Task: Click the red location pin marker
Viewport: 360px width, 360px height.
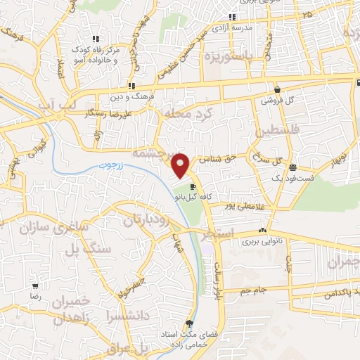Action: (x=181, y=165)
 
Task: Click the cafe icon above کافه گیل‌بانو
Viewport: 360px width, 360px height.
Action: (x=193, y=187)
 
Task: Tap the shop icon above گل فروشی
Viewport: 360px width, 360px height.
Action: (x=278, y=90)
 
